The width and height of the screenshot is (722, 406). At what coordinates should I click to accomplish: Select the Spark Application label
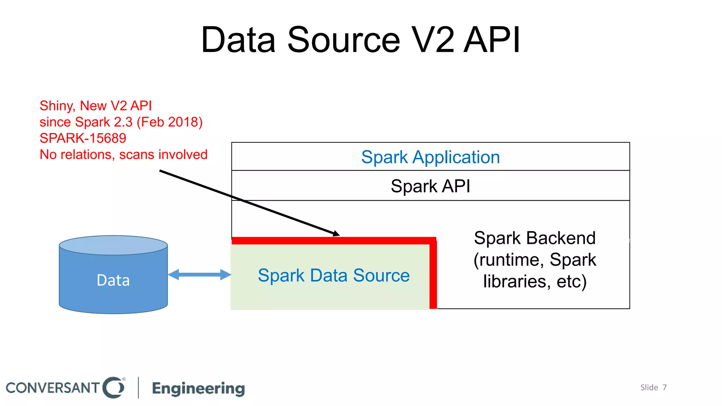pyautogui.click(x=430, y=157)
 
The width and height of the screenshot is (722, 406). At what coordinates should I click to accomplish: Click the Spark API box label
pyautogui.click(x=430, y=186)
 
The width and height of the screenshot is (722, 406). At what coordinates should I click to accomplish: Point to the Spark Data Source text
pyautogui.click(x=334, y=275)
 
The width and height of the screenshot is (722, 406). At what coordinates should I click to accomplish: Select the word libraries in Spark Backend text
pyautogui.click(x=515, y=281)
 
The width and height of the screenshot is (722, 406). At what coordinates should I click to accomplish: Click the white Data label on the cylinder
pyautogui.click(x=113, y=280)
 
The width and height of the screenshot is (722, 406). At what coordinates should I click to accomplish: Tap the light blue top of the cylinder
pyautogui.click(x=113, y=245)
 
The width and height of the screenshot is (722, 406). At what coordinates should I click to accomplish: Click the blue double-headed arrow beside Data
pyautogui.click(x=199, y=275)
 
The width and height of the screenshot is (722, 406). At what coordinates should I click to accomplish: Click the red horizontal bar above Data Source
pyautogui.click(x=331, y=241)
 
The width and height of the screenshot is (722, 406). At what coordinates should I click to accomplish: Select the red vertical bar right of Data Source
pyautogui.click(x=433, y=275)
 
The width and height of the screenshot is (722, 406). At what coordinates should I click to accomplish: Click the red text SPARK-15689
pyautogui.click(x=83, y=138)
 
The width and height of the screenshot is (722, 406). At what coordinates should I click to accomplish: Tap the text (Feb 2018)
pyautogui.click(x=170, y=122)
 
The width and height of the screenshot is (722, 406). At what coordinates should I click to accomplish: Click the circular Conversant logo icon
pyautogui.click(x=114, y=387)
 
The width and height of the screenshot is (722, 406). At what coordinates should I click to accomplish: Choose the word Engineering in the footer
pyautogui.click(x=198, y=388)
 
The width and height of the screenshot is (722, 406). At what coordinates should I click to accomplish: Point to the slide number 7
pyautogui.click(x=665, y=387)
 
